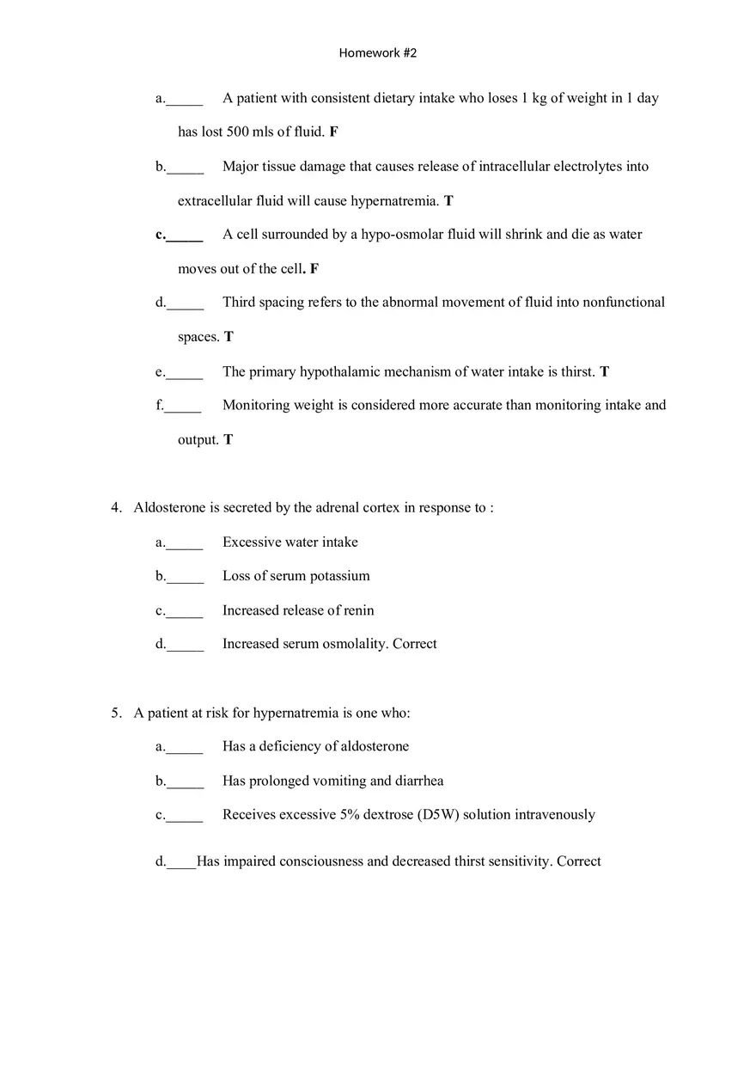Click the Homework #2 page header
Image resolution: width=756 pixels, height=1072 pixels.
(x=378, y=53)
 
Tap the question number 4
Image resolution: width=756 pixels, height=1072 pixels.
(x=115, y=508)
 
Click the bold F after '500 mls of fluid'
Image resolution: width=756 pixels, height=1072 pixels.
(x=334, y=132)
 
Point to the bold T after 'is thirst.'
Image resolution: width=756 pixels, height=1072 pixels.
(x=605, y=372)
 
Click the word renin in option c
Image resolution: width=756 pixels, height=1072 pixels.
(x=359, y=611)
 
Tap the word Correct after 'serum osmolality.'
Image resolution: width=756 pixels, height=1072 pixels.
(x=415, y=644)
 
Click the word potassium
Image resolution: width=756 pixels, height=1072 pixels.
(x=339, y=576)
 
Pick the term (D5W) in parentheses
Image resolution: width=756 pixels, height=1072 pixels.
(x=438, y=815)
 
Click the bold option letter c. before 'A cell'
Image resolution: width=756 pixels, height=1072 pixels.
(x=161, y=235)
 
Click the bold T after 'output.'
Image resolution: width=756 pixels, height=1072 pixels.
(x=229, y=440)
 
